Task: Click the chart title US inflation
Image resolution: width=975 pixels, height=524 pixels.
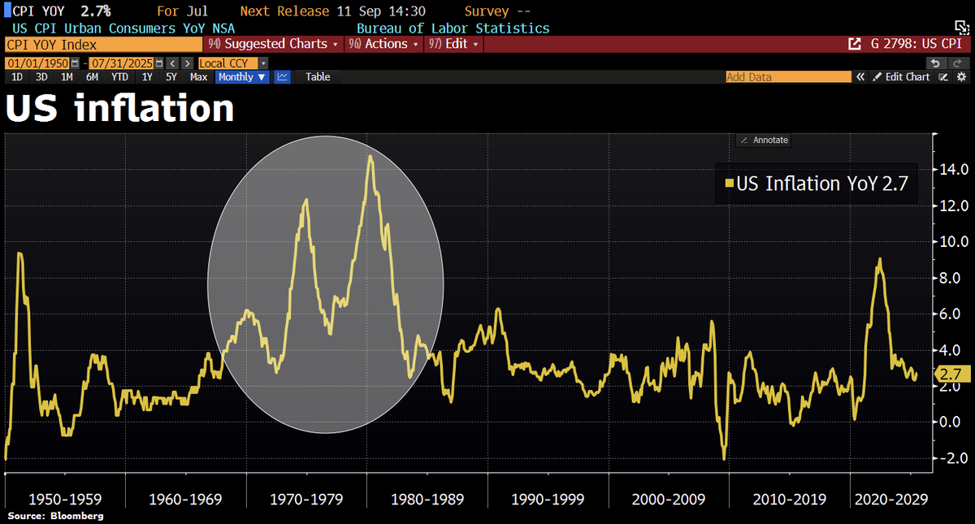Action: [120, 109]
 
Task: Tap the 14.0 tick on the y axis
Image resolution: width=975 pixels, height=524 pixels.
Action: [952, 170]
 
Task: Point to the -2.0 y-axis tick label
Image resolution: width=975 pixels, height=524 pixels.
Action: [952, 458]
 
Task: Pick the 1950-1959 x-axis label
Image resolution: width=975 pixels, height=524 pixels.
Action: [66, 498]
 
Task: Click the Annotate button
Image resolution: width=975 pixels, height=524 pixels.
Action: [763, 140]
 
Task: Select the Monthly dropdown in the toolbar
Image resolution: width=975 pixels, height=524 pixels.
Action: [242, 76]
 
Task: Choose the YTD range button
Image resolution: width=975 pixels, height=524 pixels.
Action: [119, 76]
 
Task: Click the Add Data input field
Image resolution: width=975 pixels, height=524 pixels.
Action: [787, 76]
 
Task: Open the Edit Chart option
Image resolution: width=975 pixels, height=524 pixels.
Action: [902, 76]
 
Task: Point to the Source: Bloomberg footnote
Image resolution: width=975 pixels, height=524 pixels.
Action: [55, 516]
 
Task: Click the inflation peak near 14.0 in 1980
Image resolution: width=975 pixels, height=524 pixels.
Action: [370, 157]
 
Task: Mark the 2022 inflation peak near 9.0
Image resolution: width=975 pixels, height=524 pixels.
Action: [879, 260]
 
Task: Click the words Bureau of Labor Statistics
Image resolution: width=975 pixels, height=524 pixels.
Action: [453, 28]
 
